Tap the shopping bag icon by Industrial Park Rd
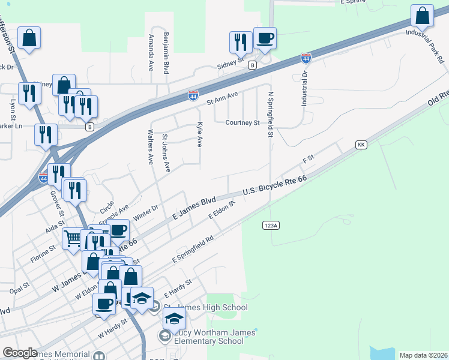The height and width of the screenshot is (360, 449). [423, 17]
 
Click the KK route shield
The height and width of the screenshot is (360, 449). [361, 145]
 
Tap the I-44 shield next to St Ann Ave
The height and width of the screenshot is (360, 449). [193, 95]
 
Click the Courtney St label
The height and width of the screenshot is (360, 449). [242, 123]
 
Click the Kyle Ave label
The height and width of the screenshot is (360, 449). [199, 134]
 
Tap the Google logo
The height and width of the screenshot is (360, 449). [20, 353]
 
